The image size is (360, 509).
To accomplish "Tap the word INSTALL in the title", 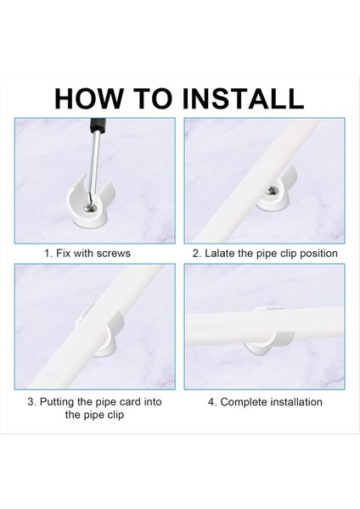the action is (x=243, y=98).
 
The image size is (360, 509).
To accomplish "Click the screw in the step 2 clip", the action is (x=272, y=192).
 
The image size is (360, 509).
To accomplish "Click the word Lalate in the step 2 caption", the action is (x=220, y=253).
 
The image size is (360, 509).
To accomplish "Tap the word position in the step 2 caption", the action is (x=318, y=254).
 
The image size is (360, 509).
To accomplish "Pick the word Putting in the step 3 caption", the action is (x=57, y=402).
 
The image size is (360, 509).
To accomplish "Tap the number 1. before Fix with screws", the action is (x=48, y=253).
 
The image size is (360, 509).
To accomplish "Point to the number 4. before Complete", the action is (x=212, y=402).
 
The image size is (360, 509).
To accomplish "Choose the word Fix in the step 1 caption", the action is (x=63, y=253).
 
